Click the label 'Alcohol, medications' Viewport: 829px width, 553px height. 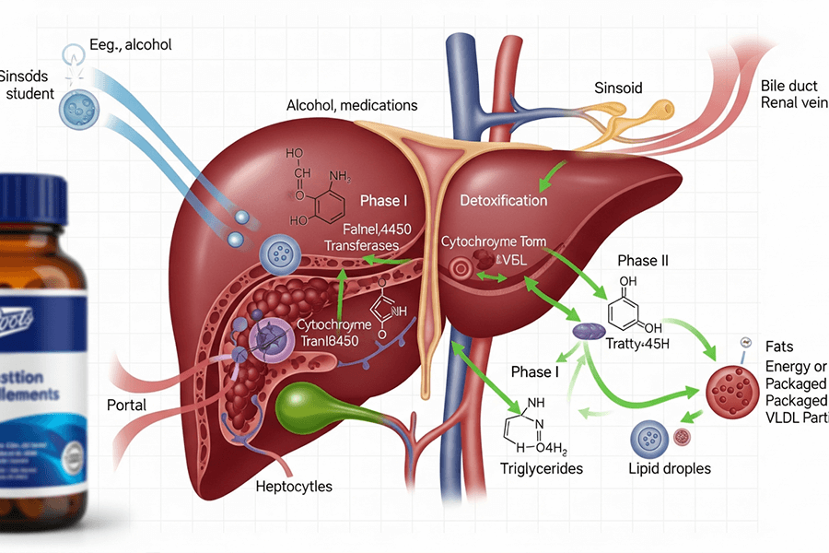pyautogui.click(x=352, y=105)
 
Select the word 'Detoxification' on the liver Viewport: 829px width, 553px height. pyautogui.click(x=503, y=200)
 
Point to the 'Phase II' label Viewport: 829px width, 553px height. pyautogui.click(x=639, y=260)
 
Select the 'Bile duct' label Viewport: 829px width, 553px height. pyautogui.click(x=789, y=86)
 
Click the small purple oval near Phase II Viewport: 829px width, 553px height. pyautogui.click(x=586, y=330)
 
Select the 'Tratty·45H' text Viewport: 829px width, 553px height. pyautogui.click(x=638, y=346)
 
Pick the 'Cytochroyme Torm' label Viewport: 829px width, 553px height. pyautogui.click(x=494, y=241)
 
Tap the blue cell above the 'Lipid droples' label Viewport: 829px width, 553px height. pyautogui.click(x=648, y=435)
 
